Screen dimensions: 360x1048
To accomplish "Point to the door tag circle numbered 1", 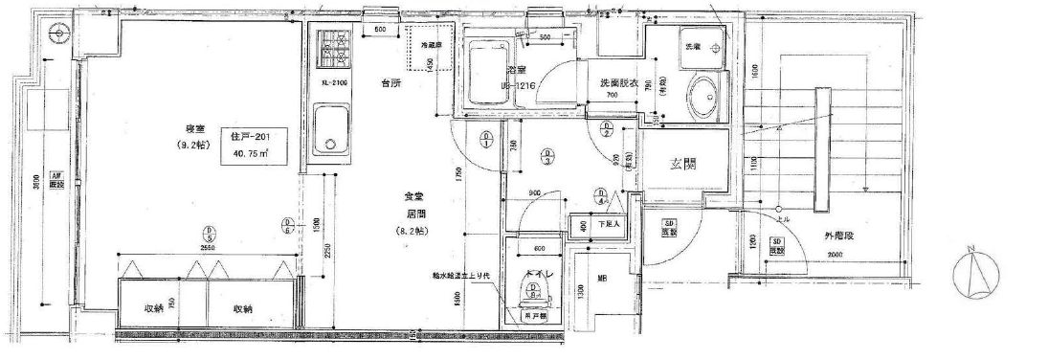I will click(x=486, y=144).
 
